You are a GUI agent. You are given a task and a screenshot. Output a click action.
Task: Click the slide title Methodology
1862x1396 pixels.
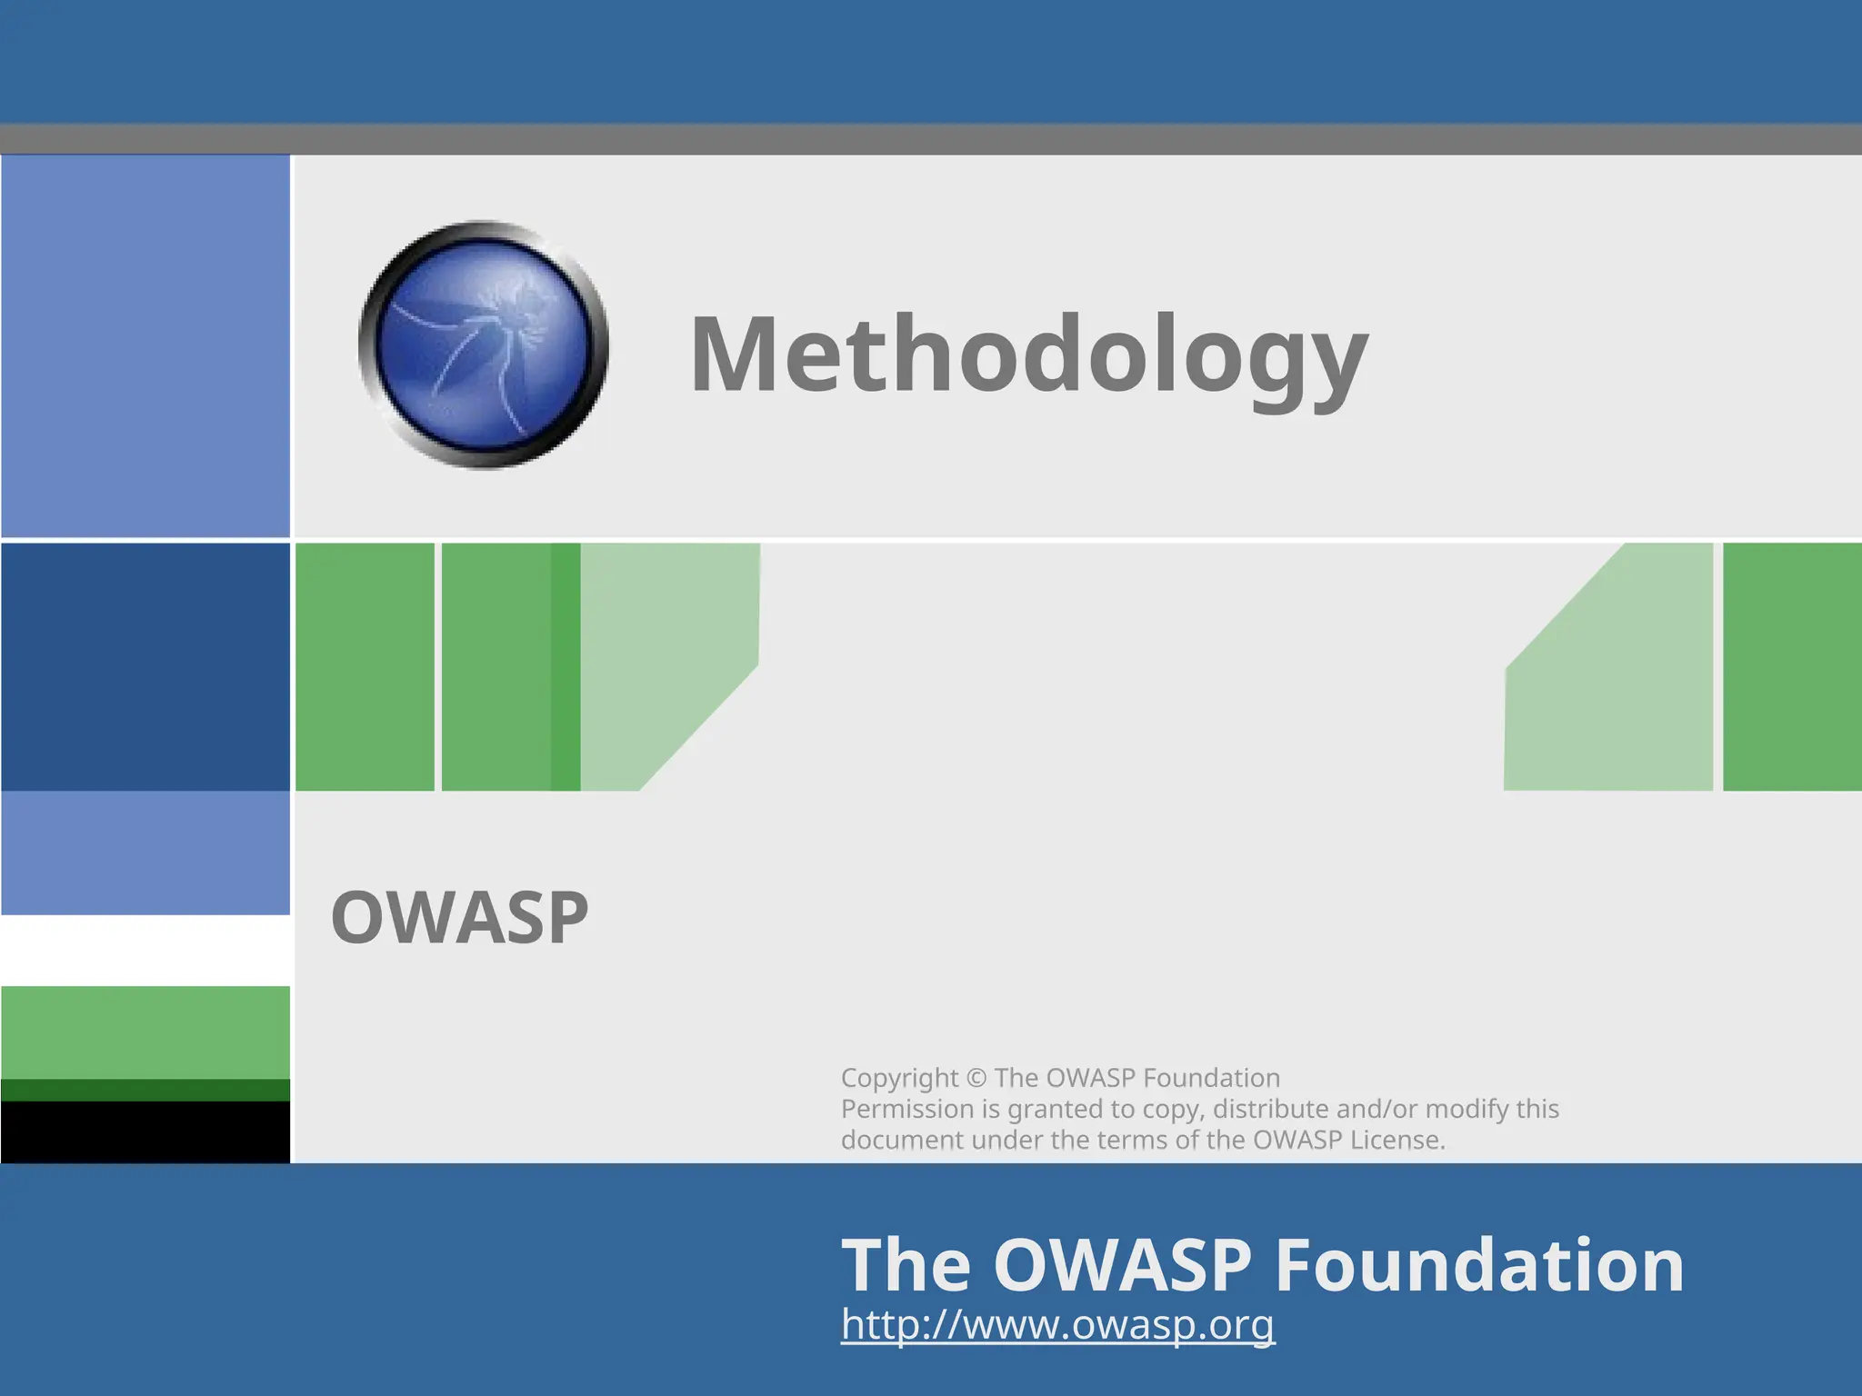click(x=1029, y=354)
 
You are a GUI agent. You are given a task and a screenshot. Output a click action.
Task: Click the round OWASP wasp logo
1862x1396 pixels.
click(x=484, y=345)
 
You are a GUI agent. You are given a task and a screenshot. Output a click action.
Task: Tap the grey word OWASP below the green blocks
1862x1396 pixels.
click(x=459, y=918)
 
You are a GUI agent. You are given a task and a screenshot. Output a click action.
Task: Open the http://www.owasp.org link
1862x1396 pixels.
click(x=1057, y=1324)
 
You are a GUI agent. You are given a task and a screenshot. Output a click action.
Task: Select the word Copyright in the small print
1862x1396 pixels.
click(x=899, y=1078)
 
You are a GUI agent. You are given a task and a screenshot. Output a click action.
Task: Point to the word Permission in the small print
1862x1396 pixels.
click(x=906, y=1109)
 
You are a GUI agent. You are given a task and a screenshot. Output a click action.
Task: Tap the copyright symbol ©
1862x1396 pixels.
click(x=976, y=1078)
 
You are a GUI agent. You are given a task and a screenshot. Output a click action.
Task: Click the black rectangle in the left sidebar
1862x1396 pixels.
click(x=145, y=1132)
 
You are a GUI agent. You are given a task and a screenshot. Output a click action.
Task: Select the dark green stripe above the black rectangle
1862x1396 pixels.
click(x=145, y=1090)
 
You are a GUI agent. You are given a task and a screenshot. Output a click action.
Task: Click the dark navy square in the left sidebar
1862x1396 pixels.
click(x=145, y=666)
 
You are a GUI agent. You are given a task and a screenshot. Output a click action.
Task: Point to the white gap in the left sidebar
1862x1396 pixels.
click(x=145, y=950)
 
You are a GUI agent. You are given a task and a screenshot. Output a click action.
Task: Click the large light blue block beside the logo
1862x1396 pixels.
click(x=145, y=345)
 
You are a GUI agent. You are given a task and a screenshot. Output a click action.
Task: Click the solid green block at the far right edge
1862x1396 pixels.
click(x=1792, y=666)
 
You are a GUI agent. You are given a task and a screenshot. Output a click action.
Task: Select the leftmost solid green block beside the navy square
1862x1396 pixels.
click(x=365, y=666)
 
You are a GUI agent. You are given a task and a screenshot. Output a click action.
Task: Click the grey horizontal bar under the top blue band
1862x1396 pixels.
click(x=931, y=139)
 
